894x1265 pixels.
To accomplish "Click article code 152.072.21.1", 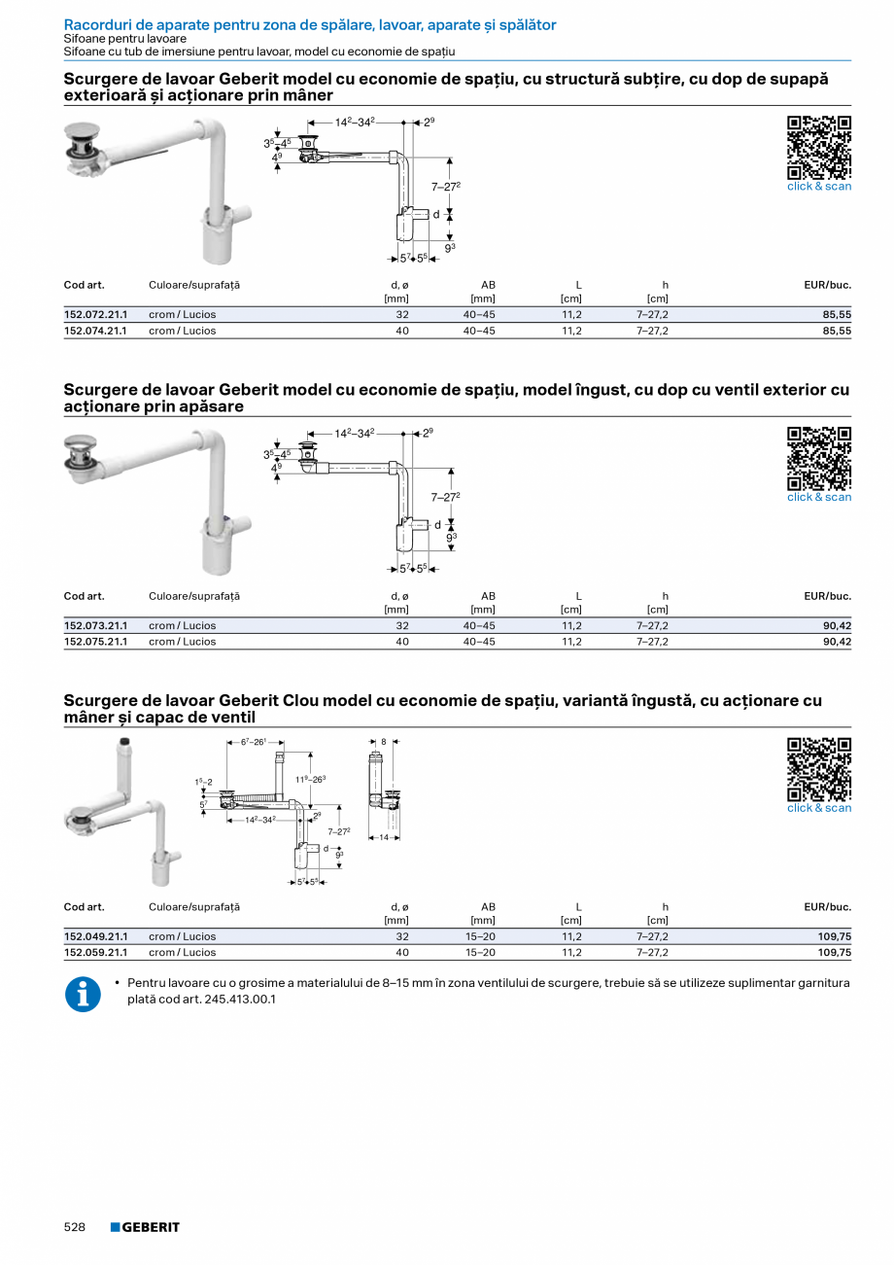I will coord(95,315).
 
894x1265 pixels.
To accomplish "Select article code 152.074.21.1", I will coord(95,331).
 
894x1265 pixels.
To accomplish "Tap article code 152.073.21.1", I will coord(95,626).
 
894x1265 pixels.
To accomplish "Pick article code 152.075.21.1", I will coord(95,642).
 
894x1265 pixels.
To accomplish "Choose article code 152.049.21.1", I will coord(95,936).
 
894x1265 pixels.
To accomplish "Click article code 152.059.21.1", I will coord(95,953).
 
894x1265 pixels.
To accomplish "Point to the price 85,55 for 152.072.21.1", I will coord(836,315).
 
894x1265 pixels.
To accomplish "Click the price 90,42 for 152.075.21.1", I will coord(836,642).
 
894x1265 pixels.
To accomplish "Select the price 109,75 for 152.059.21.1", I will coord(833,953).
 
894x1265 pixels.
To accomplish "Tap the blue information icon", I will coord(83,994).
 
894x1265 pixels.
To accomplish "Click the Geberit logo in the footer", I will coord(145,1227).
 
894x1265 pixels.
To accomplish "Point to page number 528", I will coord(75,1227).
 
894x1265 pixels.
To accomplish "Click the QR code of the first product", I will coord(818,147).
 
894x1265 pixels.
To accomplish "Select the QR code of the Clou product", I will coord(818,769).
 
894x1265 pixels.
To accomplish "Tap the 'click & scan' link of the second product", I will coord(818,497).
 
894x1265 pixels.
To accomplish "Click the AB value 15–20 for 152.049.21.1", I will coord(480,936).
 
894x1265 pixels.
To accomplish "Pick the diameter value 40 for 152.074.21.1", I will coord(402,331).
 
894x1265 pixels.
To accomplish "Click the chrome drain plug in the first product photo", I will coord(84,139).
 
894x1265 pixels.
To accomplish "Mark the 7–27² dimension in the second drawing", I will coord(445,497).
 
